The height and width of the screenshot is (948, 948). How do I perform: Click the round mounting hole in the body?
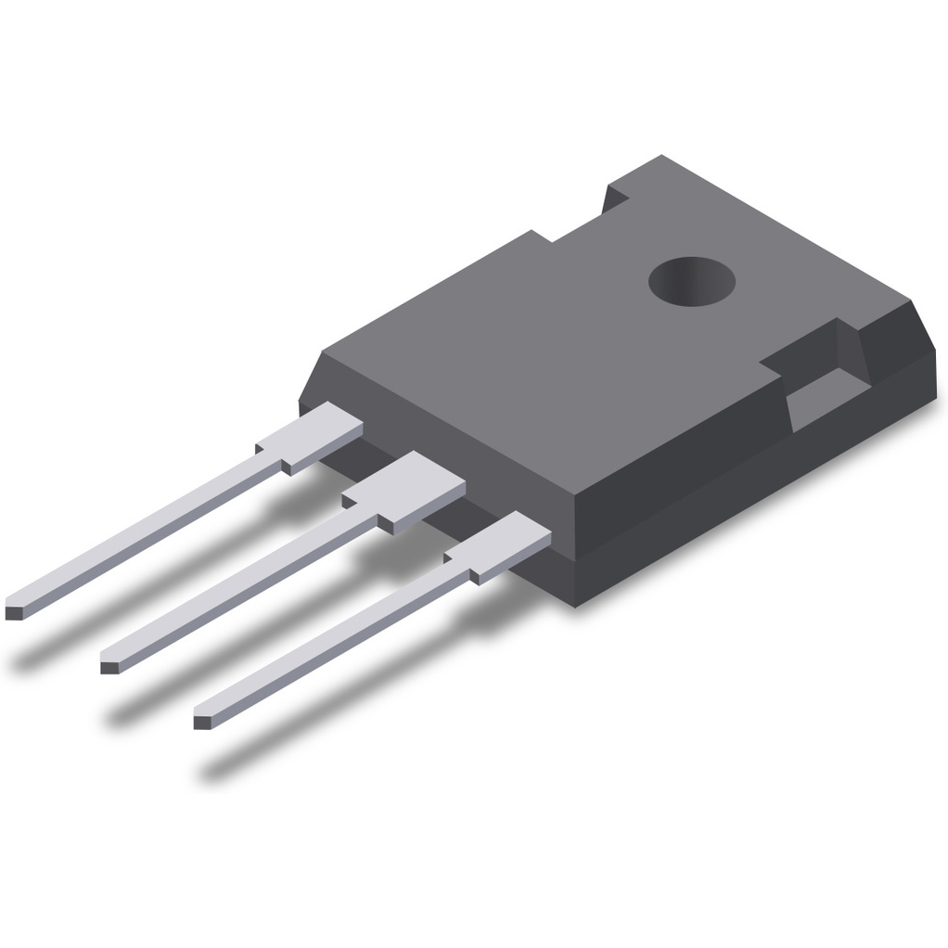pos(691,279)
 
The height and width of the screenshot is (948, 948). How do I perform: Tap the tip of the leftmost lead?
pos(15,612)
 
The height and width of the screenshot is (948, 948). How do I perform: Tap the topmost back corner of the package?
pos(660,157)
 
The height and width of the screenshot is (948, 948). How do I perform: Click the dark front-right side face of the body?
pos(742,482)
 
